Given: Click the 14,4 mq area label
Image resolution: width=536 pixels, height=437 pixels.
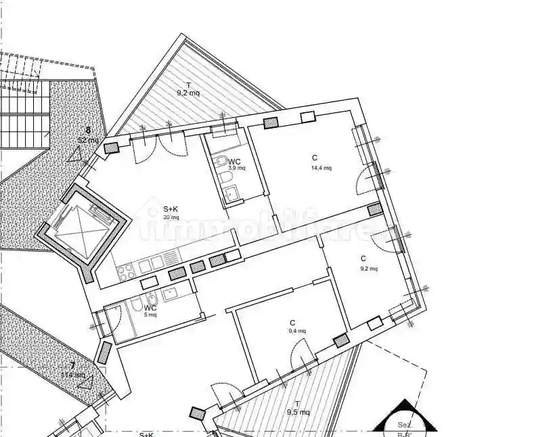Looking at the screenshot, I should (x=321, y=168).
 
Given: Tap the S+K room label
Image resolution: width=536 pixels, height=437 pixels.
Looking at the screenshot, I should (x=171, y=209).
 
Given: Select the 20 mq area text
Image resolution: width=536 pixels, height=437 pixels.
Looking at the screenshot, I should (x=171, y=217).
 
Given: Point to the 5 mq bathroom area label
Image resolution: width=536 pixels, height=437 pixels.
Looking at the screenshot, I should (x=150, y=315).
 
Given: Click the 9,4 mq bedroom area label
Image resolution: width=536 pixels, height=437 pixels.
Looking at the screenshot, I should (x=296, y=331).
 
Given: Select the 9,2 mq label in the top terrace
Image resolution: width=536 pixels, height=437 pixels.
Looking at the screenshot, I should (x=188, y=93).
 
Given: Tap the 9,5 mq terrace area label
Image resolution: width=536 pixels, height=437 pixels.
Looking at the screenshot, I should (x=298, y=412).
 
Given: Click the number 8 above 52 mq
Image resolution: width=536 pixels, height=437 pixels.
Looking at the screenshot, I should (x=87, y=131).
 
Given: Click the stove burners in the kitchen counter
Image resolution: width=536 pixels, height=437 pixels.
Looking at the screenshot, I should (x=126, y=271).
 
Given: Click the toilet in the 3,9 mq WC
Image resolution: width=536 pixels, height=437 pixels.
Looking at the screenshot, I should (x=221, y=162).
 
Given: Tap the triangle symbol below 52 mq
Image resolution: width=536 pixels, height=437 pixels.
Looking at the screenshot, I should (x=74, y=154).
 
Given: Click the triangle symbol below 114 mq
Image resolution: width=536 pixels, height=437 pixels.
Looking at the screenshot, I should (x=85, y=382).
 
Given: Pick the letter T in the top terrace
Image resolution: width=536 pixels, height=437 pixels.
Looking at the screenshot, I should (x=188, y=85).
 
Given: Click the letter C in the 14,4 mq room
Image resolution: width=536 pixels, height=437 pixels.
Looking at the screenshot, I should (x=315, y=158).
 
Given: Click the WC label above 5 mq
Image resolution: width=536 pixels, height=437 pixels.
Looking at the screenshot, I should (x=150, y=307).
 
